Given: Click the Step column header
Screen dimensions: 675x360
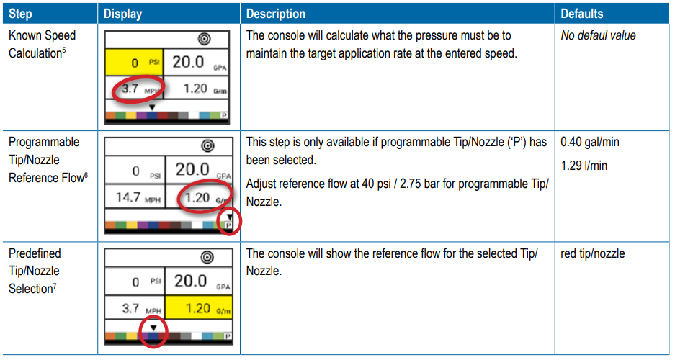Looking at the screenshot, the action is click(20, 14).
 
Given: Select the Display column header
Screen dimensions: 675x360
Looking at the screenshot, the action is click(122, 14).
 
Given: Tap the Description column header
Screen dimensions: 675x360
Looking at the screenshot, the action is click(275, 14).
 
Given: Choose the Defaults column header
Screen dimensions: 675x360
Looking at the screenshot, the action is click(581, 14).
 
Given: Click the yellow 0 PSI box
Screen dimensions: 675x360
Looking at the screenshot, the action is click(134, 63).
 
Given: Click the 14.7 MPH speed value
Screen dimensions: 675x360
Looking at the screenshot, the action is click(138, 197).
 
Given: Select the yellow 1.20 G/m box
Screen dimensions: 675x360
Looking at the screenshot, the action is click(198, 307).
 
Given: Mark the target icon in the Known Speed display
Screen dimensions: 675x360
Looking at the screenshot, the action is click(204, 39).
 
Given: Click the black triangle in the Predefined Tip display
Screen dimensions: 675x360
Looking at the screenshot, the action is click(153, 328).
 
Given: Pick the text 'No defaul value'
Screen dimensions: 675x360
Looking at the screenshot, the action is click(598, 35).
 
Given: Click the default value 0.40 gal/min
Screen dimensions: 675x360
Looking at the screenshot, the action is click(590, 142).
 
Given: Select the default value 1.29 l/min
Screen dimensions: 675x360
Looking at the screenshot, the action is click(584, 166).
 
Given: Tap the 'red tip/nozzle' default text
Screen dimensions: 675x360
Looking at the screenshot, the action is click(592, 253).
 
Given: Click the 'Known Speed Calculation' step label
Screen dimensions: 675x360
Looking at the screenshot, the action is click(43, 45).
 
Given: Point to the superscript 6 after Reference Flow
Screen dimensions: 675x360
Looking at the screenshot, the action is click(86, 174).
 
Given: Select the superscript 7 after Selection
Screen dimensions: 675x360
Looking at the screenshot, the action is click(55, 285).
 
